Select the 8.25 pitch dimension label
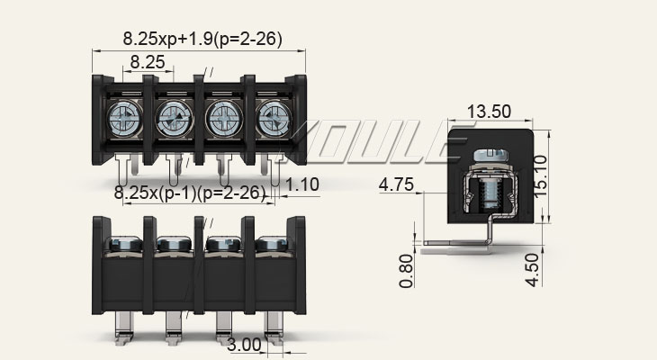pyautogui.click(x=147, y=62)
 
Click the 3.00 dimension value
pyautogui.click(x=244, y=345)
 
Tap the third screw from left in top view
pyautogui.click(x=221, y=117)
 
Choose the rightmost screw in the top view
pyautogui.click(x=272, y=117)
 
